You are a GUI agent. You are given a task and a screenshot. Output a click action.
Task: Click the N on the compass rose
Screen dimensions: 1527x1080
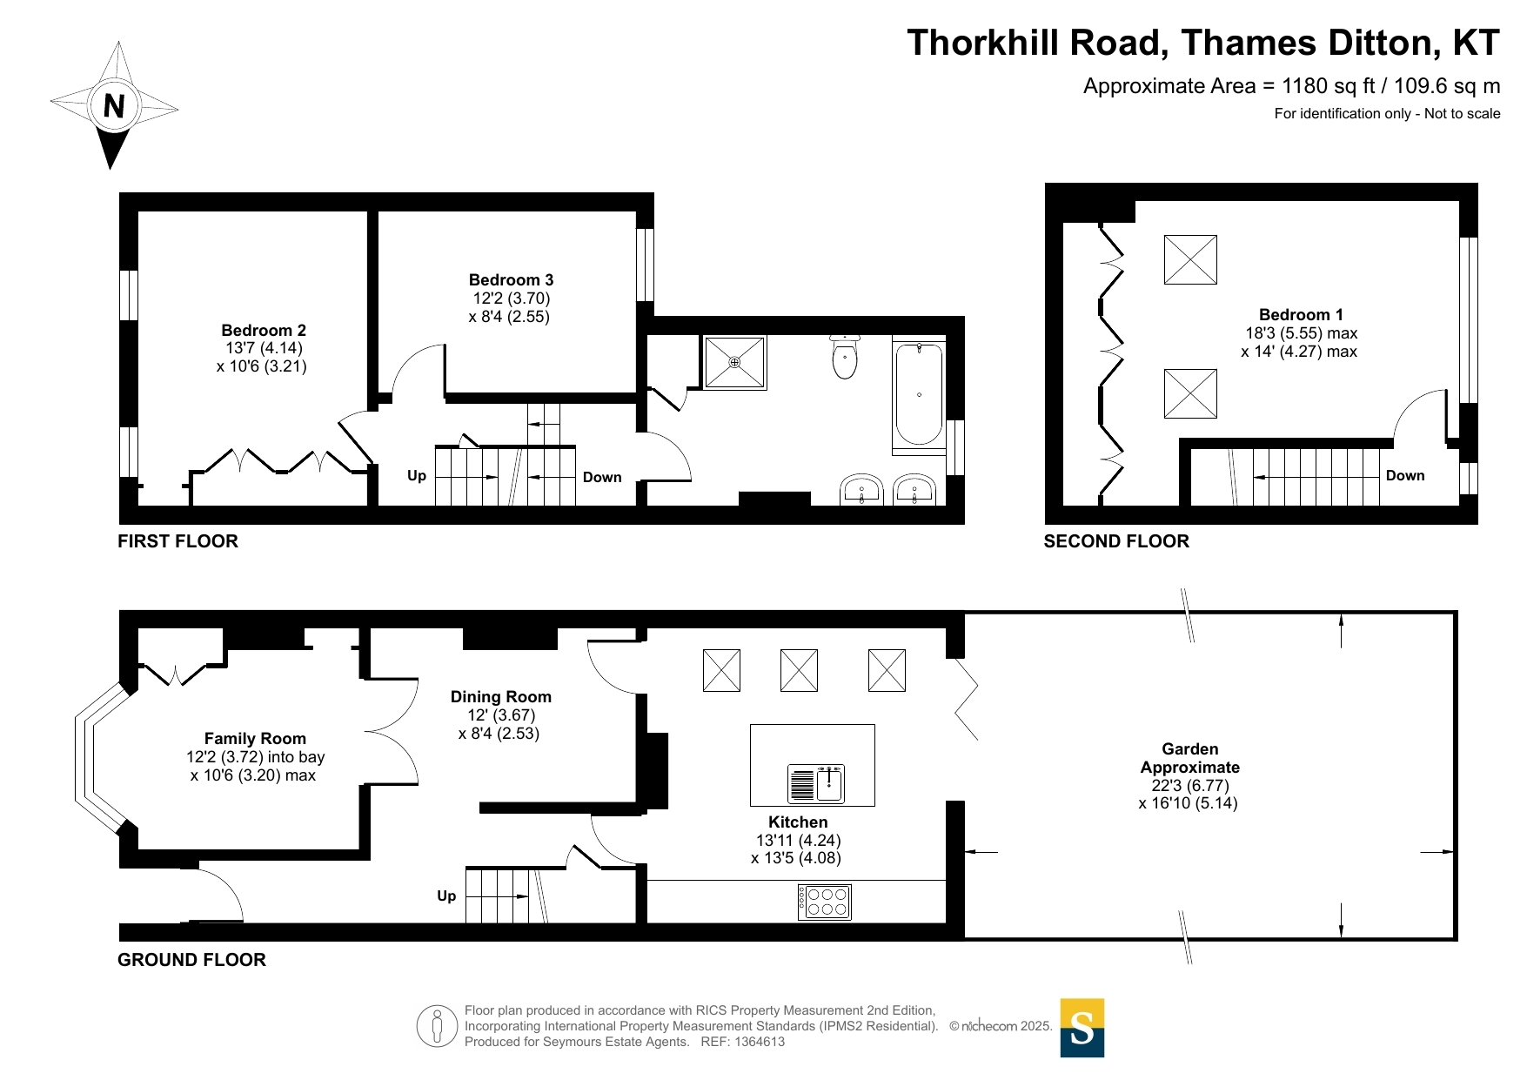114,106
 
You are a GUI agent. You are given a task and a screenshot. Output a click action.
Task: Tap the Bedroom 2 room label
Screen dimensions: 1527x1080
264,331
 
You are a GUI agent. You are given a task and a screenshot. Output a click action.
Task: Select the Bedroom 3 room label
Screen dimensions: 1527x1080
511,280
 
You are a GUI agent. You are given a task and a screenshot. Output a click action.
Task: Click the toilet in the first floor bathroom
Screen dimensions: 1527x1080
845,356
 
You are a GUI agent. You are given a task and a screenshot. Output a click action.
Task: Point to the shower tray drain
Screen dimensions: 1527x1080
734,362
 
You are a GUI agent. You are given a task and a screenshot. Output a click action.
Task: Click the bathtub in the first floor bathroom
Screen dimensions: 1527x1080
919,394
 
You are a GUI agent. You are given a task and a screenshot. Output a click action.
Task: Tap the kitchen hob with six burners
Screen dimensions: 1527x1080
825,902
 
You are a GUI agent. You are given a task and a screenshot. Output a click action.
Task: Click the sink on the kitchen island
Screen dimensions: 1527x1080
815,783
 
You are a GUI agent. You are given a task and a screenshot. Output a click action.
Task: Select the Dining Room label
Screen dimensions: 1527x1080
501,697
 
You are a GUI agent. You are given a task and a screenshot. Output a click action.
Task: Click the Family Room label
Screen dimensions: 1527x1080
255,739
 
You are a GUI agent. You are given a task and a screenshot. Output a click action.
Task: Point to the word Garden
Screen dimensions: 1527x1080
1190,749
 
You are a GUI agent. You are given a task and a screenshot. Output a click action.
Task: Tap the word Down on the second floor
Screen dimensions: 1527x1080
1405,476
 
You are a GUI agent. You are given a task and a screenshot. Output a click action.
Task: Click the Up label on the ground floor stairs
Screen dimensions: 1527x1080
446,896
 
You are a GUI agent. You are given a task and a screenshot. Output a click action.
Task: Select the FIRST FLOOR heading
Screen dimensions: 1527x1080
177,541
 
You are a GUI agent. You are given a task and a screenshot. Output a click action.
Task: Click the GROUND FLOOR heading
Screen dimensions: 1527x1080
191,960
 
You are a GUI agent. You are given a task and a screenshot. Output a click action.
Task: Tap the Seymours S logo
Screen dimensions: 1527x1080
1082,1028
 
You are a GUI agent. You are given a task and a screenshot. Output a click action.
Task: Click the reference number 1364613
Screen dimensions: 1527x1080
760,1042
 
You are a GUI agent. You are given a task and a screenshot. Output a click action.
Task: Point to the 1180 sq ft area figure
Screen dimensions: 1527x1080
1329,86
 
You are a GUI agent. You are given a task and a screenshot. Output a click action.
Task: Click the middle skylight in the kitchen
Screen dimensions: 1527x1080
799,670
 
